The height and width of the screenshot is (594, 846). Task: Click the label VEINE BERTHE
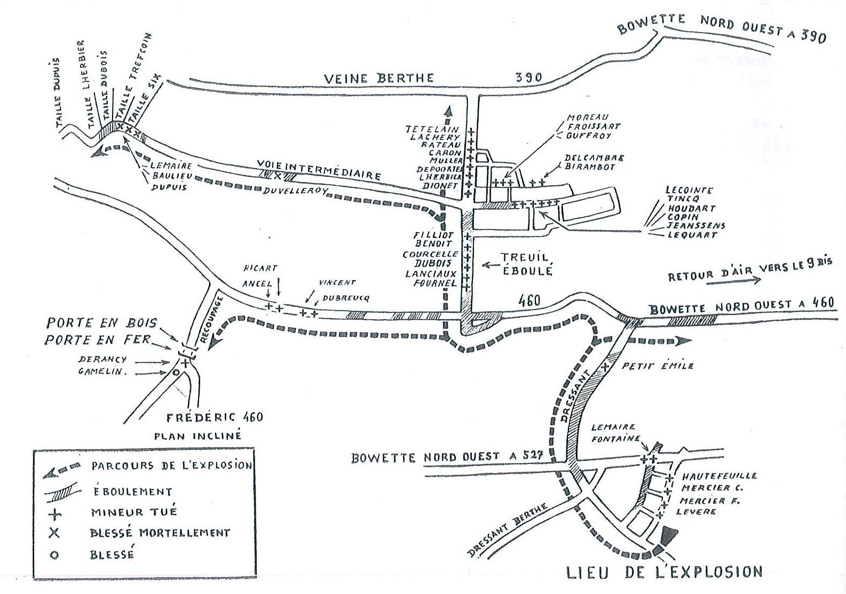tap(379, 78)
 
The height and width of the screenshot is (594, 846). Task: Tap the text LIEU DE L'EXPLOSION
tap(664, 572)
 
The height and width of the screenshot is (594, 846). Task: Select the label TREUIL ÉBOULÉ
tap(526, 264)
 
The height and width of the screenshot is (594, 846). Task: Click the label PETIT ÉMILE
tap(658, 366)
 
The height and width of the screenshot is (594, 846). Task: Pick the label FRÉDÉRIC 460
tap(215, 417)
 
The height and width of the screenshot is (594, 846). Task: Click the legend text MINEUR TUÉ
tap(133, 512)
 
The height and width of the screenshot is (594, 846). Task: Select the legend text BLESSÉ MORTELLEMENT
tap(160, 533)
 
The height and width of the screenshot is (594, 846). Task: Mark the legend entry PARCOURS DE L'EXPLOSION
tap(171, 465)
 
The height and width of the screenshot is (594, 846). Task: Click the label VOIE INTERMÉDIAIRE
tap(319, 169)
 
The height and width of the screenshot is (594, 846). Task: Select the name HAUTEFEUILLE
tap(719, 476)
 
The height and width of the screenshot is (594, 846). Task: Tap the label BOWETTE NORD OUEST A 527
tap(447, 457)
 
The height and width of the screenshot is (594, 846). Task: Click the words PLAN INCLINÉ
tap(197, 435)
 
